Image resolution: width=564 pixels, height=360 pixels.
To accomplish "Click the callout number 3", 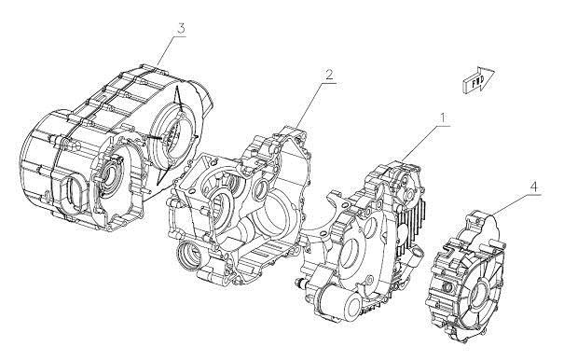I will click(180, 29).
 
